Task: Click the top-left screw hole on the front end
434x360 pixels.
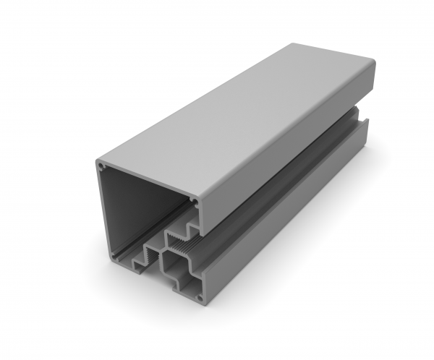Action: pos(101,166)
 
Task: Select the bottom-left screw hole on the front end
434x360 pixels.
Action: pos(111,255)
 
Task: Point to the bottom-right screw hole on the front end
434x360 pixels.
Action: pos(200,297)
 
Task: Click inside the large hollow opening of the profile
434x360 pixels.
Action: pos(137,210)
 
